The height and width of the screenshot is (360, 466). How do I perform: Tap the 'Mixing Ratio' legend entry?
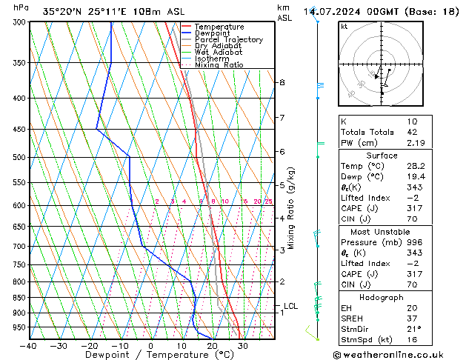(x=219, y=65)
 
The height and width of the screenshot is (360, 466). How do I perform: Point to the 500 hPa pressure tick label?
(x=14, y=158)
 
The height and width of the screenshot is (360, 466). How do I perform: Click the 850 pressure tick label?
(x=14, y=298)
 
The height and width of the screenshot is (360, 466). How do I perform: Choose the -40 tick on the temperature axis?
(x=29, y=346)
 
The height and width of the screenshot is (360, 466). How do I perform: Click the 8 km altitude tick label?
(x=282, y=82)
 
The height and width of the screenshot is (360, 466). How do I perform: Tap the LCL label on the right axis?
(x=291, y=306)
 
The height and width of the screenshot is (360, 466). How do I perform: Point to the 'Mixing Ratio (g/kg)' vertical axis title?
(x=291, y=208)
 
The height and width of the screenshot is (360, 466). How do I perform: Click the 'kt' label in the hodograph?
(x=344, y=27)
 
